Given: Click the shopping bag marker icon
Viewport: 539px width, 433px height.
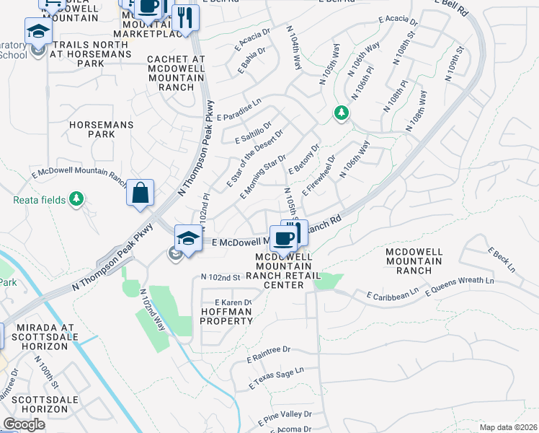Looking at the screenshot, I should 140,193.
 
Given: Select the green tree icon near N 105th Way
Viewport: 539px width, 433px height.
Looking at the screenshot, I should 341,113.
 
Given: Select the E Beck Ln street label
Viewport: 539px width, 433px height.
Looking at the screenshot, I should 502,260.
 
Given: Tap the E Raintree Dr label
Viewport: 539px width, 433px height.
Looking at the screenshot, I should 268,353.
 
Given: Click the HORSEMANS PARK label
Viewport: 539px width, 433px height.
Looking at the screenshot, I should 102,129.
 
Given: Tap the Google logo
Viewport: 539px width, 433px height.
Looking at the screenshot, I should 24,424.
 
